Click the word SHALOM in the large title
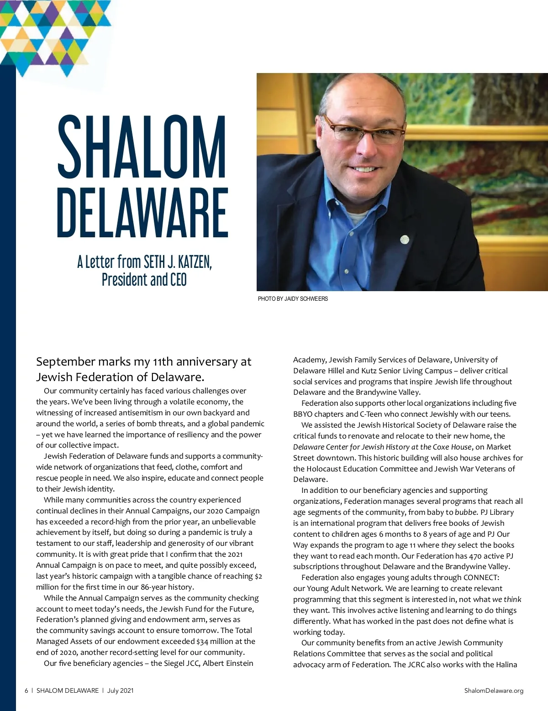[x=142, y=147]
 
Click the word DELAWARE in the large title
[x=142, y=213]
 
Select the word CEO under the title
[x=178, y=279]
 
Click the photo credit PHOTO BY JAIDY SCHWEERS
[x=293, y=298]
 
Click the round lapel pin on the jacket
[x=404, y=239]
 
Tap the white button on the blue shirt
[x=347, y=272]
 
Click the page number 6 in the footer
[x=26, y=690]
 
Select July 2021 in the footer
[x=121, y=690]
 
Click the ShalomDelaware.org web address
[x=494, y=690]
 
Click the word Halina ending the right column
[x=506, y=664]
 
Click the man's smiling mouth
[x=364, y=169]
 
